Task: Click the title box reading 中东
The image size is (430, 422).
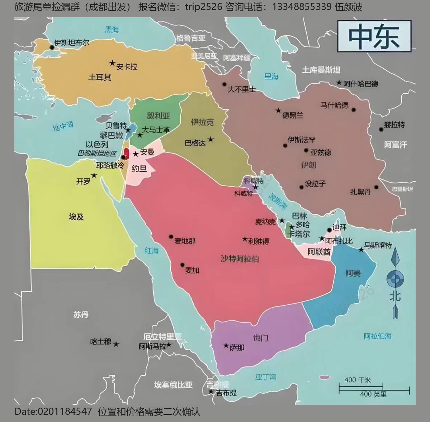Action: click(374, 36)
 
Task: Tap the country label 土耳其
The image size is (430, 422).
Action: click(100, 77)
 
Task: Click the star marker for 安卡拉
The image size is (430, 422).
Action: click(112, 64)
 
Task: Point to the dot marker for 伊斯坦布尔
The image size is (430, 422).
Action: click(52, 47)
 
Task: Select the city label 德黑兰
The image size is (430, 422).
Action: click(293, 115)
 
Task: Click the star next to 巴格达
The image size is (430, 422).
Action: click(211, 139)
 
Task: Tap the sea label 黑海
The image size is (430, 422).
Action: click(112, 30)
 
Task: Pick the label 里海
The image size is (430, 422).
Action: click(271, 76)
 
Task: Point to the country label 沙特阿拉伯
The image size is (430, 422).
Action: click(240, 259)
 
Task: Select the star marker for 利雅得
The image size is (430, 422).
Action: click(245, 239)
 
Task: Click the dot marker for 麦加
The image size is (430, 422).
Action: click(182, 265)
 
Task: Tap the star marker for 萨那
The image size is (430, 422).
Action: click(226, 346)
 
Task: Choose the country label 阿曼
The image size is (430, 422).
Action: click(353, 273)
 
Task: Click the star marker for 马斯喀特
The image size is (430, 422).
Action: click(361, 249)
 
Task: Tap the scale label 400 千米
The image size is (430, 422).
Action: click(357, 380)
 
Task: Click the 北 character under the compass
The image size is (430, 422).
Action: click(395, 296)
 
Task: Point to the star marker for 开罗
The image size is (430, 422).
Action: click(94, 175)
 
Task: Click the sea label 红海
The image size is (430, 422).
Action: click(151, 250)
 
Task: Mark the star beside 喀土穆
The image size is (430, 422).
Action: click(116, 344)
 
